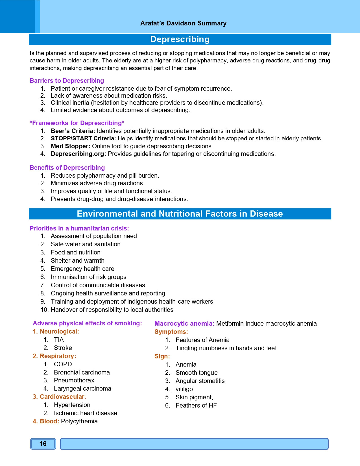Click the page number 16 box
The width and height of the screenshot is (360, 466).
pos(43,444)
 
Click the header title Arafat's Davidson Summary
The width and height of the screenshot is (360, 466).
pos(183,23)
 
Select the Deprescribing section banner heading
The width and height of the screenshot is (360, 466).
pos(180,39)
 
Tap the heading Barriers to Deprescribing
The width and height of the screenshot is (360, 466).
pos(67,81)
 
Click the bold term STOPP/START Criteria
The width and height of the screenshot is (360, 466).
pos(83,139)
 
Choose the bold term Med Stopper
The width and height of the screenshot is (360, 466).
pos(70,146)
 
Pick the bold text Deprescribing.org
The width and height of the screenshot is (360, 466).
pos(78,154)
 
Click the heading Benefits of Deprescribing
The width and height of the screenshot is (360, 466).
pos(67,168)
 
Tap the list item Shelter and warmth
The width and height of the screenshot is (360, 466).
pos(77,261)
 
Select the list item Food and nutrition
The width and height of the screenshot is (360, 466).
pos(75,252)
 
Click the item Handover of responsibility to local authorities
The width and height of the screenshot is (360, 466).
pos(112,310)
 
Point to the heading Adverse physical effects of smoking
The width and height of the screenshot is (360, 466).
pos(87,323)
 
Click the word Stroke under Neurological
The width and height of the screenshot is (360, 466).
pos(63,348)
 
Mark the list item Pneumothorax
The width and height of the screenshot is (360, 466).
pos(74,380)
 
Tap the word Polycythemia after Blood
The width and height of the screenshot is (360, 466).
pos(79,421)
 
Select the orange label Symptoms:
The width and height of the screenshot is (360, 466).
pos(171,332)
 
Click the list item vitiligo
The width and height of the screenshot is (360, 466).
pos(184,389)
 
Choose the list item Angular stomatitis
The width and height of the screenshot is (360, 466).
pos(200,381)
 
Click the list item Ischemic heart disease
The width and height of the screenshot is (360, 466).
pos(85,413)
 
